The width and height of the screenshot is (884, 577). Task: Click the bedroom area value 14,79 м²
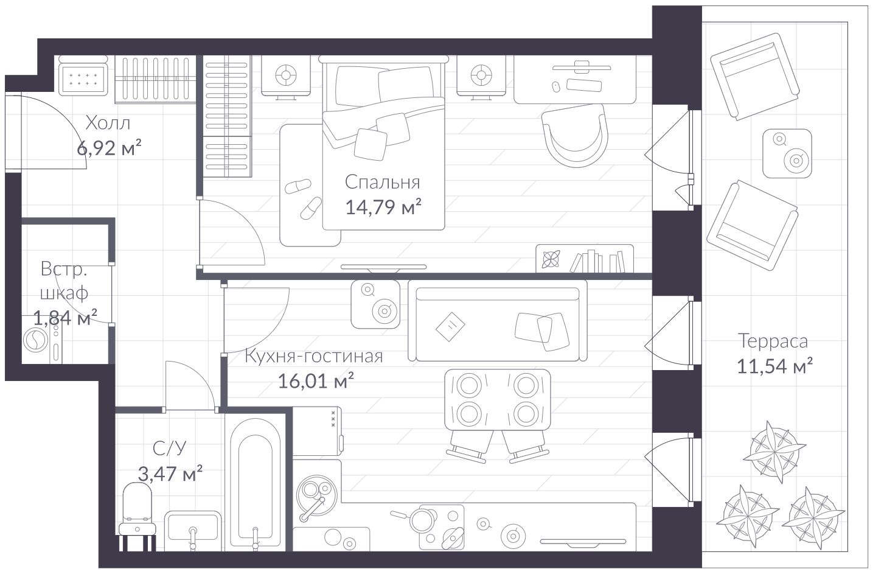[x=383, y=206]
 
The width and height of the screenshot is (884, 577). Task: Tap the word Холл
[x=108, y=123]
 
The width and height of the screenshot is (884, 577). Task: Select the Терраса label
[x=773, y=341]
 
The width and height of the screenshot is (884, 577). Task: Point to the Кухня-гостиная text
[x=314, y=356]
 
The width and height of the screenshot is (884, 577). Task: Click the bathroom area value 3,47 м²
[x=170, y=473]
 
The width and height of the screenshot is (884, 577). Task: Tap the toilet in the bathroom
[x=137, y=516]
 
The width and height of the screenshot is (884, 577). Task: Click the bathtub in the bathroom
[x=255, y=484]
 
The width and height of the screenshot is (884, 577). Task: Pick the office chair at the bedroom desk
[x=574, y=135]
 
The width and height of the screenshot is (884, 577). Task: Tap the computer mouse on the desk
[x=556, y=87]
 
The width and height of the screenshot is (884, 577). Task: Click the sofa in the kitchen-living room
[x=498, y=321]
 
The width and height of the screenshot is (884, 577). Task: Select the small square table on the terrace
[x=787, y=153]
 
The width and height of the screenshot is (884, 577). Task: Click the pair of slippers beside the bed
[x=304, y=198]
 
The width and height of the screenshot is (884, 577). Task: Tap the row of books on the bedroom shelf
[x=597, y=261]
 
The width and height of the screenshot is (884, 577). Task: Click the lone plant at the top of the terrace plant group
[x=774, y=452]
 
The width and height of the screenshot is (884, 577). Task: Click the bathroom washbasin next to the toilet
[x=193, y=526]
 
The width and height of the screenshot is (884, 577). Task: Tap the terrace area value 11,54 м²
[x=774, y=366]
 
